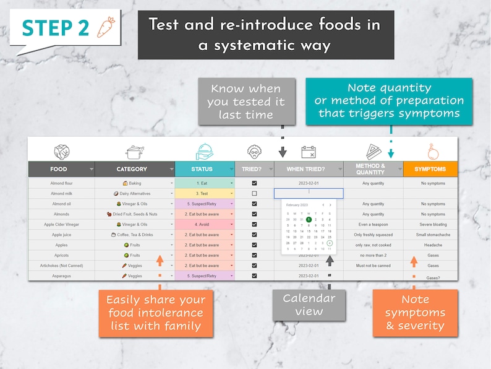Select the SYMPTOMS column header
click(430, 169)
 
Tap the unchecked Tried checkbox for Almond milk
click(254, 194)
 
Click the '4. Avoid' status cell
click(204, 225)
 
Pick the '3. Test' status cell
click(204, 194)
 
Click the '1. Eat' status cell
click(204, 183)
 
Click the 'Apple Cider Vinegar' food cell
click(61, 225)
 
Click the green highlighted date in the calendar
click(309, 219)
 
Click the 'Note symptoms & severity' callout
click(414, 313)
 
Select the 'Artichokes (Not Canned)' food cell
click(61, 266)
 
